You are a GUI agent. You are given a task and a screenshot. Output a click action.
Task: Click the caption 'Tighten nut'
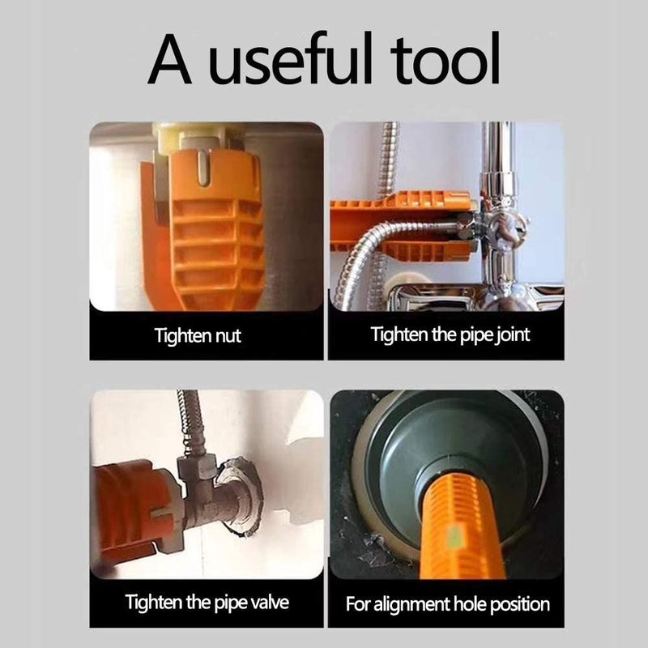coord(198,335)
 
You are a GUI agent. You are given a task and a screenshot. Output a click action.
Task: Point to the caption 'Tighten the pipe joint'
coord(450,335)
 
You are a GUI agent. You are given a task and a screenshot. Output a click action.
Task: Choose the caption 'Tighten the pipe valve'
coord(207,602)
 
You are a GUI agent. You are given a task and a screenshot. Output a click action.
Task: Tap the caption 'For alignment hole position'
coord(448,604)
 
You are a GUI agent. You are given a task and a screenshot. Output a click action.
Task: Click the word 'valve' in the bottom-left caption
coord(270,602)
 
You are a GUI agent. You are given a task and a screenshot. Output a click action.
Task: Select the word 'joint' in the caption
coord(512,335)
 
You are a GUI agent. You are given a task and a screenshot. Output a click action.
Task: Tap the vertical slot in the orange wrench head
coord(201,168)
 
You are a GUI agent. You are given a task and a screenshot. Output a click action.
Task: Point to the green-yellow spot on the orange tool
coord(454,536)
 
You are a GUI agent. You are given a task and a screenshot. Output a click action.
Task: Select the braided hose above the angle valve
coord(190,421)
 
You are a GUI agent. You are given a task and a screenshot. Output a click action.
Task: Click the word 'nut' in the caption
coord(228,335)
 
